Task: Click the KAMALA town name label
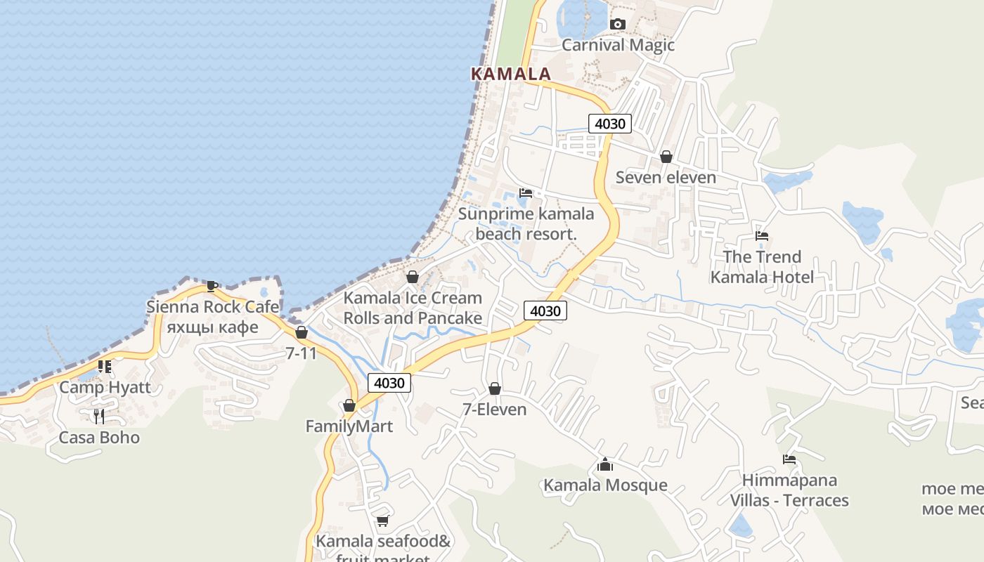click(510, 74)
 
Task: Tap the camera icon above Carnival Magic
click(617, 25)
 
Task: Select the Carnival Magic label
click(617, 45)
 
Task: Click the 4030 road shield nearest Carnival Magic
click(609, 124)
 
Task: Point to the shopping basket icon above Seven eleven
click(666, 157)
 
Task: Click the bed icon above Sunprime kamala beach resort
click(526, 192)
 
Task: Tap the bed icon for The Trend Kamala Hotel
click(761, 236)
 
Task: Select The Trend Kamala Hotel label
click(762, 267)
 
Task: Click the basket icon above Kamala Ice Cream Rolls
click(413, 277)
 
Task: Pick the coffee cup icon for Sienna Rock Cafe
click(212, 286)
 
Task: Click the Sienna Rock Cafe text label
click(212, 307)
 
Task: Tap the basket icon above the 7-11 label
click(302, 332)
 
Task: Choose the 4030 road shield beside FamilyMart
click(389, 383)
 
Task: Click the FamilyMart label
click(349, 426)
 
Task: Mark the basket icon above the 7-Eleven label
click(495, 388)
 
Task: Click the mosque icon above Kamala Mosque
click(604, 464)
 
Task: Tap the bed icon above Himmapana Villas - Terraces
click(789, 459)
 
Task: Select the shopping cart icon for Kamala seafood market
click(382, 521)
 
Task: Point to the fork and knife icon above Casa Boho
click(99, 417)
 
